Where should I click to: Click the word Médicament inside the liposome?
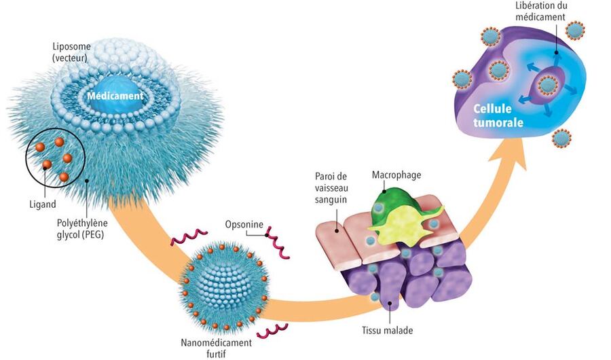[115, 96]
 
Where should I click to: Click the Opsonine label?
[243, 223]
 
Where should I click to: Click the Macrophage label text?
[396, 175]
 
